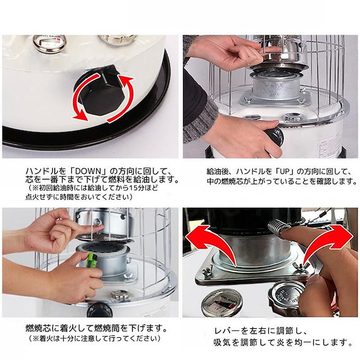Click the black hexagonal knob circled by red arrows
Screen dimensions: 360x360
pyautogui.click(x=103, y=96)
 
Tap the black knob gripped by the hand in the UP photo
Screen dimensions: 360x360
pyautogui.click(x=275, y=136)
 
